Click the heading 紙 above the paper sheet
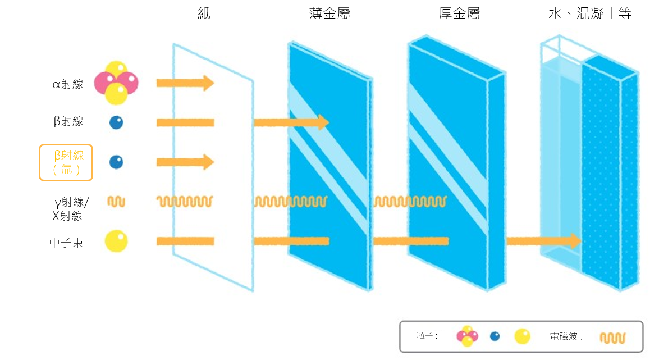click(204, 13)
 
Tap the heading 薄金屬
click(329, 13)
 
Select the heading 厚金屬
click(459, 13)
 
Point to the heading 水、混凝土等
click(590, 13)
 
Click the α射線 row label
click(68, 84)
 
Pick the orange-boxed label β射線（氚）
click(66, 163)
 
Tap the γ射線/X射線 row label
click(70, 209)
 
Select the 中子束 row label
click(66, 243)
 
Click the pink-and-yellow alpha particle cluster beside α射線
click(116, 83)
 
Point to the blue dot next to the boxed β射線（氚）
click(116, 162)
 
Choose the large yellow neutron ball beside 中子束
click(116, 241)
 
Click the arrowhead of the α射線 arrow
click(208, 83)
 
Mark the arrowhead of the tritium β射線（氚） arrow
click(208, 162)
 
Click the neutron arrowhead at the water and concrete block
click(576, 241)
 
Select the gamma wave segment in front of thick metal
click(410, 202)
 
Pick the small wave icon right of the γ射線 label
click(116, 202)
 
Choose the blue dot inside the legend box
click(495, 336)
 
